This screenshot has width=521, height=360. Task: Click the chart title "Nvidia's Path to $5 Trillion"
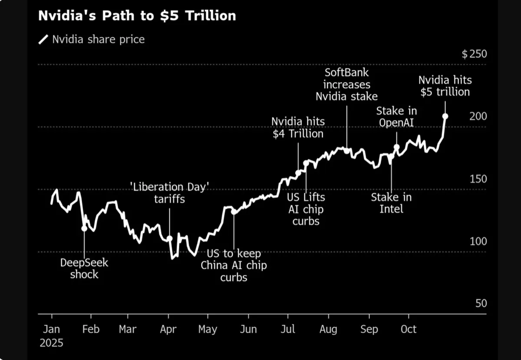(137, 16)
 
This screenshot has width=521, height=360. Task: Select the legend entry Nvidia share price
(98, 40)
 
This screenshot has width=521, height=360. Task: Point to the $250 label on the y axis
(474, 54)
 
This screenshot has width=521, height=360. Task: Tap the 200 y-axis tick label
(478, 116)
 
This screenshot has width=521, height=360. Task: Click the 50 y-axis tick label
(481, 303)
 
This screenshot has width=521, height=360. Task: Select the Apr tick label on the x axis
(168, 329)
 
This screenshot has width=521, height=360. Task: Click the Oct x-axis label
(409, 329)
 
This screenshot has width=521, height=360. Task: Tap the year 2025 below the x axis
(52, 343)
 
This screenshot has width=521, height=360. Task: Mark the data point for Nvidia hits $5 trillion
(445, 116)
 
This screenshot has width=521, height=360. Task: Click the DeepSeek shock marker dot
(84, 228)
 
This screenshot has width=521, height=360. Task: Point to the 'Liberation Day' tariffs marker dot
(169, 238)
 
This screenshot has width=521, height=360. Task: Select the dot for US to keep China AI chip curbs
(234, 212)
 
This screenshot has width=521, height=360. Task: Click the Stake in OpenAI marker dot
(396, 147)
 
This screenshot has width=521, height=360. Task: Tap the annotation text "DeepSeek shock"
(84, 268)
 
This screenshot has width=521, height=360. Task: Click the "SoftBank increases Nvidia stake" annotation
(346, 84)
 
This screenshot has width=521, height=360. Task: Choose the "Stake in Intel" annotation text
(391, 203)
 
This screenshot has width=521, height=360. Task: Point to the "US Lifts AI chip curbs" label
(306, 209)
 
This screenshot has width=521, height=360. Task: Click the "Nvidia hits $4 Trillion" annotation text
(298, 127)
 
